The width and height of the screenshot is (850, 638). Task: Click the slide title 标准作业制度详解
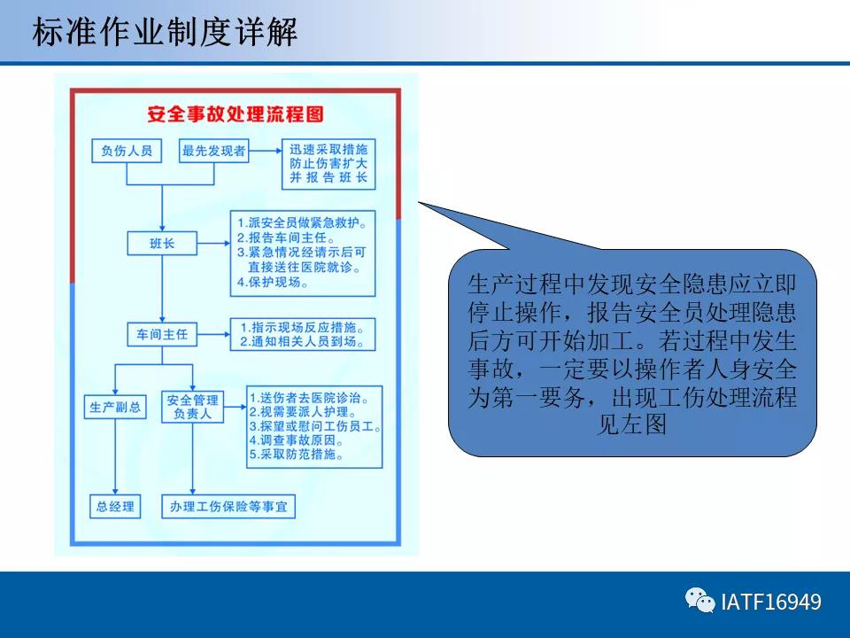[x=165, y=32]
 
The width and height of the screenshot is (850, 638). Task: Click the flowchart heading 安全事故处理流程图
[x=236, y=114]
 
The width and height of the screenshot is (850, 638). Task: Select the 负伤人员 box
[x=127, y=152]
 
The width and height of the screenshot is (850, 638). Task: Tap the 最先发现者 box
[x=213, y=152]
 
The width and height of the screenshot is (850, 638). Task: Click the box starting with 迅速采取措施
[x=328, y=163]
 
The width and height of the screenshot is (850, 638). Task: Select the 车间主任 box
[x=162, y=334]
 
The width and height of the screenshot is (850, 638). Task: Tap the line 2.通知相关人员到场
[x=301, y=341]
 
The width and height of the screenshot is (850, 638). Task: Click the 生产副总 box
[x=115, y=407]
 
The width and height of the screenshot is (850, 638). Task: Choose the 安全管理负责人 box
[x=192, y=407]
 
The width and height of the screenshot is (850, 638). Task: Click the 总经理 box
[x=115, y=507]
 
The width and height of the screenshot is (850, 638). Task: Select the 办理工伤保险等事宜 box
[x=228, y=507]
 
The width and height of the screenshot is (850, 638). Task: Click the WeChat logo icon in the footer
[x=699, y=602]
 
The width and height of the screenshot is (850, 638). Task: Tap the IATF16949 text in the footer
[x=771, y=603]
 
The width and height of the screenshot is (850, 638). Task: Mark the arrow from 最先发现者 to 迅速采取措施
[x=266, y=152]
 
